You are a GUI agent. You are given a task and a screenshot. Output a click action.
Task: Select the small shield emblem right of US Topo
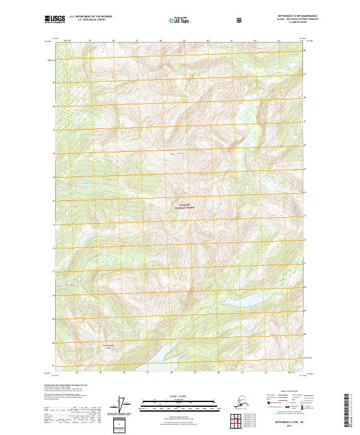241,20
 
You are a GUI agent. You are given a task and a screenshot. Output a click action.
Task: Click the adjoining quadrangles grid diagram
236,422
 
